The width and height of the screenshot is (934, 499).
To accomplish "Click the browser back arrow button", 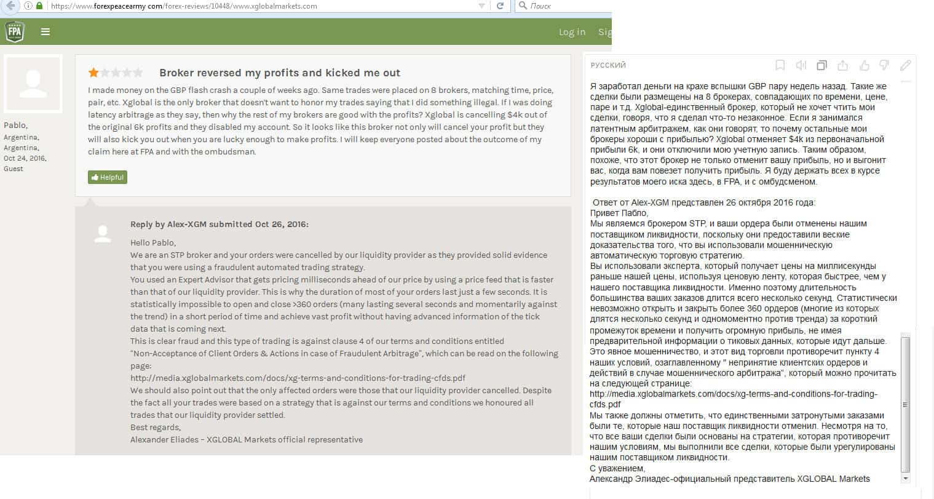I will coord(10,6).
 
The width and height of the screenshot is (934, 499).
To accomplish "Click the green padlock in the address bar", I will coord(39,6).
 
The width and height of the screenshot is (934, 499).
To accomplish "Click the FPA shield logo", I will coord(14,31).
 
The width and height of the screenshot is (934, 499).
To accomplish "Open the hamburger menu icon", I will coord(46,31).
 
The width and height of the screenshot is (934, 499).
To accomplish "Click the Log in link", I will coord(572,32).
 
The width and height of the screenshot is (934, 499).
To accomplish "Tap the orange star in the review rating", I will coord(93,73).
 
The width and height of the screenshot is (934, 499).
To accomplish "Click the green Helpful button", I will coord(108,177).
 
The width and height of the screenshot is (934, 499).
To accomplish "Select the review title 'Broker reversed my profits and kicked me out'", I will coord(279,73).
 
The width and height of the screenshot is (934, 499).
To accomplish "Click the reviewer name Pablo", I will coord(15,125).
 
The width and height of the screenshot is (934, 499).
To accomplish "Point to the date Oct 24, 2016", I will coord(25,158).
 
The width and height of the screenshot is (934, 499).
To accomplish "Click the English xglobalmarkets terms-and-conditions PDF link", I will coord(298,378).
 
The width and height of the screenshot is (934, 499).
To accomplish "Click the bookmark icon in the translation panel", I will coord(780,65).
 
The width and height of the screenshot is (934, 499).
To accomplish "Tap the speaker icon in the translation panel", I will coord(801,65).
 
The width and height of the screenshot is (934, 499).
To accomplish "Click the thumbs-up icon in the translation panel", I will coord(864,65).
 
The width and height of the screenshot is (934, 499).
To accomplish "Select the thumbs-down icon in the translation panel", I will coord(884,65).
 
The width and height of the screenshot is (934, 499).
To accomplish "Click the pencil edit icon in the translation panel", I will coord(905,65).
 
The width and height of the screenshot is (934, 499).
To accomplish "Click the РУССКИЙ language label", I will coord(608,65).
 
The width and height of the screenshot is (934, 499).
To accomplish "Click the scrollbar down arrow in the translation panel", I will coord(905,478).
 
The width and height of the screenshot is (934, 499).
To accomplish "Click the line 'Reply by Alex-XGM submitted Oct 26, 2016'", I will coord(219,225).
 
